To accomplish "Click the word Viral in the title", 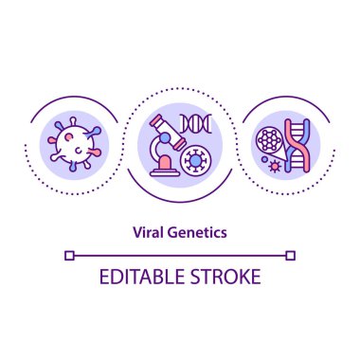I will tap(149, 230).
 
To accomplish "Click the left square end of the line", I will tap(69, 254).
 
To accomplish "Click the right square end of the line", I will tap(291, 254).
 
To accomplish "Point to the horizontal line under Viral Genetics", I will tap(180, 254).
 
